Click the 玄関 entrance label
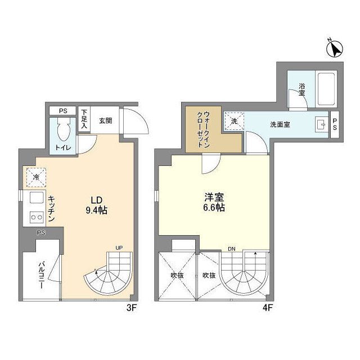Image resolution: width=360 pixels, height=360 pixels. coord(105,120)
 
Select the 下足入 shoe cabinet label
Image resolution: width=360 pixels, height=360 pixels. coord(84,119)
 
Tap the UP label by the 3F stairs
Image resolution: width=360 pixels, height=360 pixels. coord(119,247)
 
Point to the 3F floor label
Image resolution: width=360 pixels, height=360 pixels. coord(132,308)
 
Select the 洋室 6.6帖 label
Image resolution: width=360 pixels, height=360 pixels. coord(214,202)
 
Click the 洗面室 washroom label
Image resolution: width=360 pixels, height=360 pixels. coord(280,124)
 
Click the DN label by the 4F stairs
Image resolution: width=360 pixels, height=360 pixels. coord(231,247)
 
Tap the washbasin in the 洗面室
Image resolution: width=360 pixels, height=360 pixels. coord(321,124)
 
